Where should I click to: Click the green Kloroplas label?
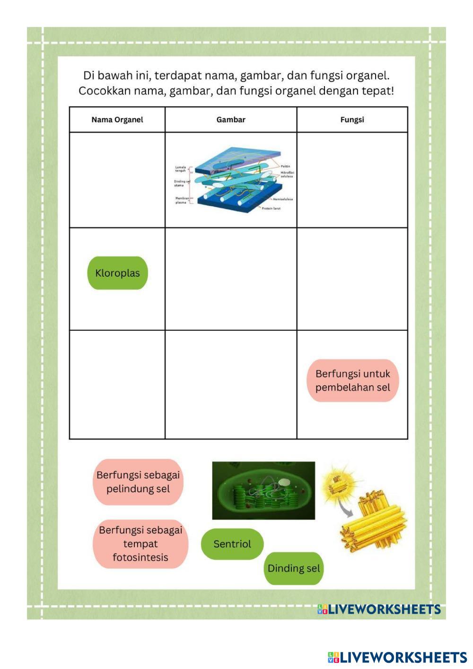pyautogui.click(x=117, y=273)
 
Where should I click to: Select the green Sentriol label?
pyautogui.click(x=232, y=544)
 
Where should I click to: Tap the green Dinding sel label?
pyautogui.click(x=293, y=568)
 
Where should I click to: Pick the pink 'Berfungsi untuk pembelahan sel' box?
pyautogui.click(x=352, y=380)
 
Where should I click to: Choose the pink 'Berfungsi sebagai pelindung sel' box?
pyautogui.click(x=138, y=482)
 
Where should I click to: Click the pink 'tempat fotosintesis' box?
pyautogui.click(x=140, y=544)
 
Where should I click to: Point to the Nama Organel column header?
pyautogui.click(x=117, y=120)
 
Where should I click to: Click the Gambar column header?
pyautogui.click(x=231, y=120)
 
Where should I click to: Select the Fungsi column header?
pyautogui.click(x=352, y=120)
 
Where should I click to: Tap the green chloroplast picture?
pyautogui.click(x=263, y=491)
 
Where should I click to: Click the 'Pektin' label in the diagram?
pyautogui.click(x=285, y=166)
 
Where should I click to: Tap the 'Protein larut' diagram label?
pyautogui.click(x=271, y=208)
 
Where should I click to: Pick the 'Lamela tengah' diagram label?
pyautogui.click(x=180, y=168)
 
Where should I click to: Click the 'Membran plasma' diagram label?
pyautogui.click(x=182, y=200)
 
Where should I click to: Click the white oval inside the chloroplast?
pyautogui.click(x=284, y=482)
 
